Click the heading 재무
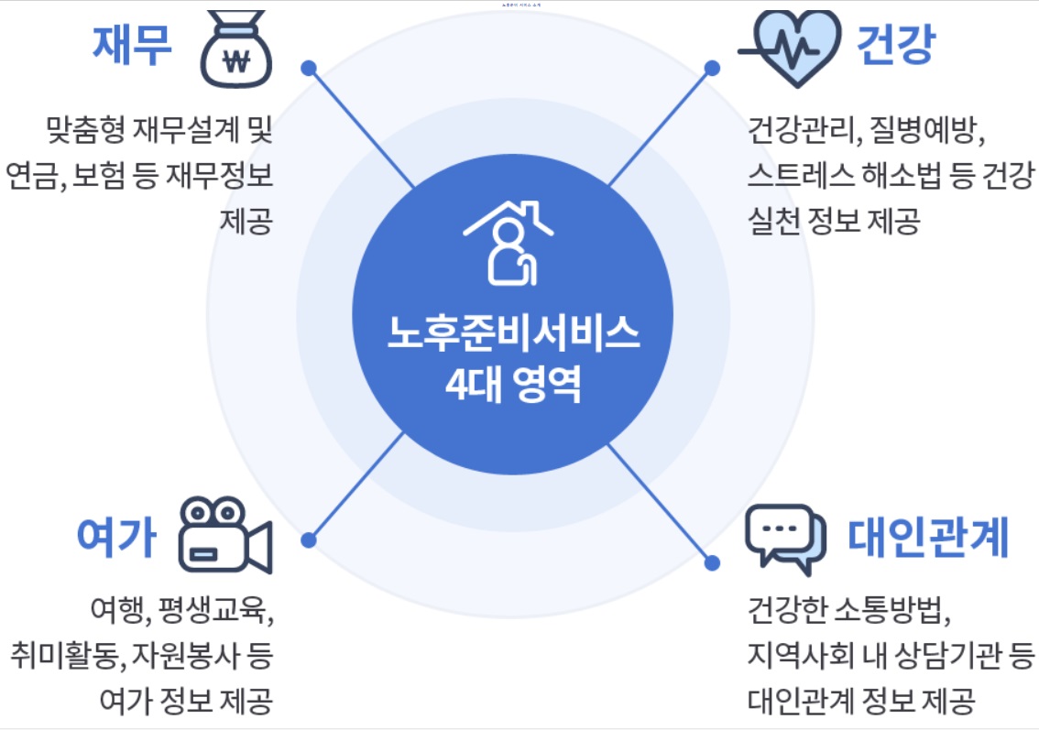[x=131, y=46]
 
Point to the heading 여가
[x=116, y=537]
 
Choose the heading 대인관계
[x=928, y=537]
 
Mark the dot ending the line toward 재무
[x=309, y=68]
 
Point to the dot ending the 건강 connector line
[x=712, y=68]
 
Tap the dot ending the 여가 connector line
[x=309, y=540]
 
